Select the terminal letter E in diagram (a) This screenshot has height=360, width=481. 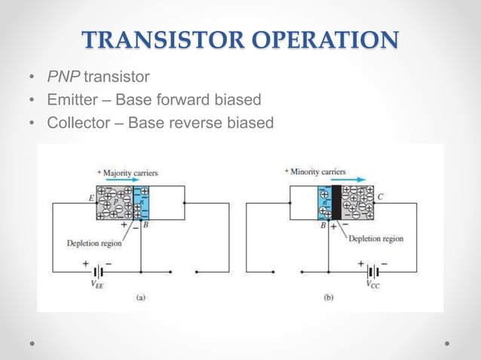[x=90, y=197]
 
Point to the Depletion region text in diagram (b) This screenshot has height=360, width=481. [x=375, y=239]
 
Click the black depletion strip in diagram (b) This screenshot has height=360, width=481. [x=337, y=203]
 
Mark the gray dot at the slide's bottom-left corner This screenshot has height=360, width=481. [x=33, y=343]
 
